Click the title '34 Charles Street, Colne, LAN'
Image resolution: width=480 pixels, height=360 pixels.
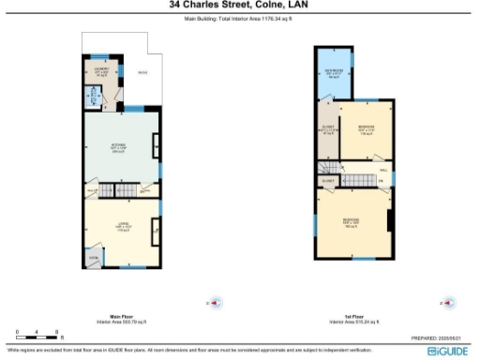[239, 5]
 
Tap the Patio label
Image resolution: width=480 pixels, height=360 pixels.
[142, 72]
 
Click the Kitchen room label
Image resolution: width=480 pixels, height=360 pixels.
[120, 147]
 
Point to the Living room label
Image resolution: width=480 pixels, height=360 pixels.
[121, 227]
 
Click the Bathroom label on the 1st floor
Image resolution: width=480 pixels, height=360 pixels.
[334, 73]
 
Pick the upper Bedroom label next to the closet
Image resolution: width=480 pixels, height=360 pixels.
[367, 131]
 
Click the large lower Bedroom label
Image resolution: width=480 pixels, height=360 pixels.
[352, 223]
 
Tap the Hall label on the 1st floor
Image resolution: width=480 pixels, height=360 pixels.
[384, 170]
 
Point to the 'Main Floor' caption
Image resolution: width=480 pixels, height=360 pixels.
[120, 316]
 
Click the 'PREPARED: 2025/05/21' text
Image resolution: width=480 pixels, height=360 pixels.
[438, 337]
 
